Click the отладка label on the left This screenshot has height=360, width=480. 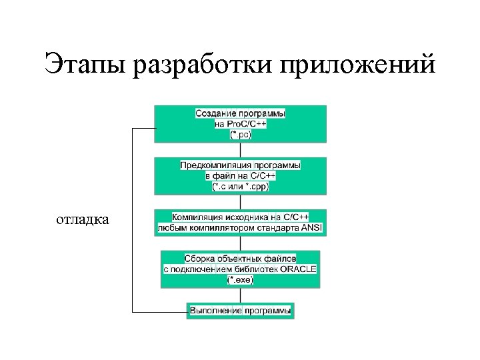[83, 219]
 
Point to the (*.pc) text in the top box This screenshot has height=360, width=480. [241, 135]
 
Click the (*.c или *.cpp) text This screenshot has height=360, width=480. [241, 187]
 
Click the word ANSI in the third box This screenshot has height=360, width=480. [311, 228]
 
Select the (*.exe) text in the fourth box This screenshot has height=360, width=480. [241, 279]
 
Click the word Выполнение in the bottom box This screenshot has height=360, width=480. [215, 311]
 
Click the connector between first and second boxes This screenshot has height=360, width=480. [241, 150]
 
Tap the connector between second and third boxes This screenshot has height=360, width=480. [241, 202]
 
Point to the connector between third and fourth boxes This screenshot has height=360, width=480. [241, 243]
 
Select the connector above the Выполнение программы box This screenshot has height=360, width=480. [241, 295]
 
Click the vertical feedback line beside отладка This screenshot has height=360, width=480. [133, 220]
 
